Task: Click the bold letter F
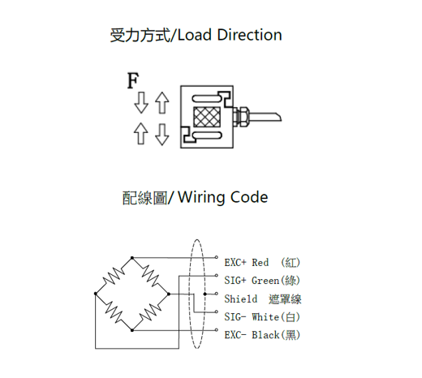click(x=133, y=80)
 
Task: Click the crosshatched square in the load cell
click(x=207, y=117)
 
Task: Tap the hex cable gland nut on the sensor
click(x=243, y=117)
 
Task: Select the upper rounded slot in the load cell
click(x=207, y=99)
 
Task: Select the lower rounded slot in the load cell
click(x=207, y=135)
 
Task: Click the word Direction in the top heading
click(x=249, y=35)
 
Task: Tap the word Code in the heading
click(x=249, y=197)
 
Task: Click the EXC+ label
click(x=235, y=263)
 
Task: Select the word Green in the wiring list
click(x=265, y=281)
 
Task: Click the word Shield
click(x=241, y=299)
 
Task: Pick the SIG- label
click(x=235, y=317)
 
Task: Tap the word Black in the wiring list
click(x=265, y=335)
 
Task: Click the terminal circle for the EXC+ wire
click(x=216, y=257)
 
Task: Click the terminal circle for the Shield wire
click(x=216, y=294)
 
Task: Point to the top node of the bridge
click(x=132, y=258)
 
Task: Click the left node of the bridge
click(x=96, y=294)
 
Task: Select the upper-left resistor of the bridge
click(x=114, y=276)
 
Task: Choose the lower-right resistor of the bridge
click(x=150, y=311)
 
